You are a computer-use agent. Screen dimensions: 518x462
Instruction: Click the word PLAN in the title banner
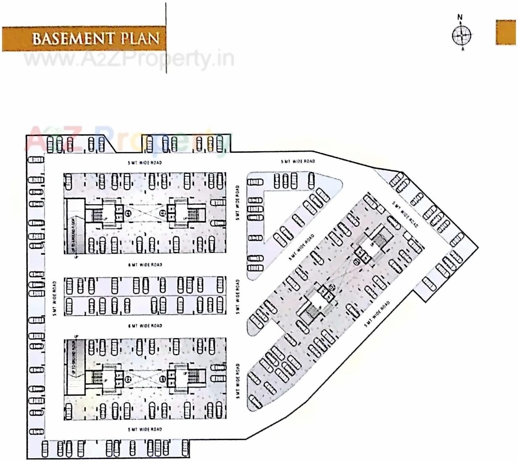(140, 39)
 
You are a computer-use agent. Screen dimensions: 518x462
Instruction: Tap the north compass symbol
(461, 35)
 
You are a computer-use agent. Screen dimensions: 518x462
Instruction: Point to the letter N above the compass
(460, 17)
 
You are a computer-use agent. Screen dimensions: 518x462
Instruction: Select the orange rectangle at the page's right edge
(506, 32)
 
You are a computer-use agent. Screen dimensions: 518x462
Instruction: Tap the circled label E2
(128, 379)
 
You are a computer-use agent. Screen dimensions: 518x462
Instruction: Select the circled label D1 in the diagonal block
(357, 262)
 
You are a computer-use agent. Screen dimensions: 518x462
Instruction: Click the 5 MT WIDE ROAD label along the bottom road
(145, 429)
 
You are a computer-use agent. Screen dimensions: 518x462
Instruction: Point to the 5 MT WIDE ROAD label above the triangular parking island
(298, 161)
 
